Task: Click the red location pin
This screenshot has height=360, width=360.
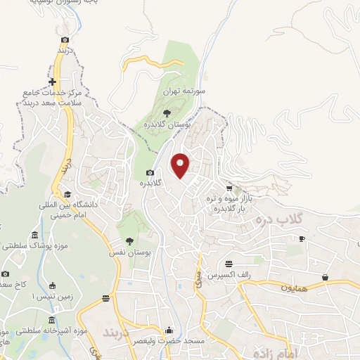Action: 181,165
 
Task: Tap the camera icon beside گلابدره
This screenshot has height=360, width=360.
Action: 150,173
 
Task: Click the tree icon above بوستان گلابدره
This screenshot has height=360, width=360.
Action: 166,112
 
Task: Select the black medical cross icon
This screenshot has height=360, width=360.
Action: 52,82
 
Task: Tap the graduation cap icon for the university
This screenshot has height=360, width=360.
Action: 67,194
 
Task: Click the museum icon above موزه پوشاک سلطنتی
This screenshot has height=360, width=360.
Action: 35,236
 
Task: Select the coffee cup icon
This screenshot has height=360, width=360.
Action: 302,239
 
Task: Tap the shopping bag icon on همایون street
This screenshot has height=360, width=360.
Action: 325,278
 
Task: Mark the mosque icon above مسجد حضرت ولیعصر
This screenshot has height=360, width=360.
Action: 169,329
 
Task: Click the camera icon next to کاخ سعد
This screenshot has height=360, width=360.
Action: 5,274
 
